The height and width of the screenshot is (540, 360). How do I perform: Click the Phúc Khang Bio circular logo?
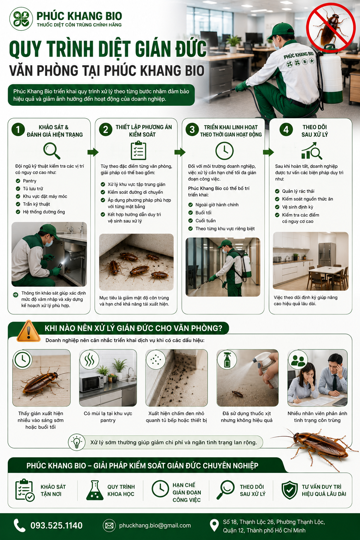click(21, 19)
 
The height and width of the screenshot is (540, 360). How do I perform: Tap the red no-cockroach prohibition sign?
click(331, 28)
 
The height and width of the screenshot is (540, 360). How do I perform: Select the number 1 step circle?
click(18, 129)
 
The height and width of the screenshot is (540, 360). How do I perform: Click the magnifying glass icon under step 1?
click(52, 151)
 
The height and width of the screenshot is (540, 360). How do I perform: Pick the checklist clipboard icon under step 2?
click(139, 150)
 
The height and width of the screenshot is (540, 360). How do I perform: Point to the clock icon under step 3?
click(224, 151)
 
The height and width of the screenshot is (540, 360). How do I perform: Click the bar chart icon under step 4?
click(312, 151)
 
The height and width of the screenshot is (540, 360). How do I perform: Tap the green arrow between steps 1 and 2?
click(93, 152)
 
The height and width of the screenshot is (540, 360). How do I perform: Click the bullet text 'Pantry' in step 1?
click(30, 181)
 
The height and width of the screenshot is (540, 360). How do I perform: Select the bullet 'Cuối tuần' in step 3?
click(205, 220)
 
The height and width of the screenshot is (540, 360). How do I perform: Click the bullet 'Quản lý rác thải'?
click(298, 191)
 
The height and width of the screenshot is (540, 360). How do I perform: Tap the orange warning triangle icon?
click(28, 331)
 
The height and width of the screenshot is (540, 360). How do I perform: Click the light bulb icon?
click(77, 442)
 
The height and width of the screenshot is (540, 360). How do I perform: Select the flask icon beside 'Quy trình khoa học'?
click(95, 490)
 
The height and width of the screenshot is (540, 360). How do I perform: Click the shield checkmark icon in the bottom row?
click(290, 490)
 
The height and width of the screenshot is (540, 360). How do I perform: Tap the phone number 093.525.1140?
click(56, 525)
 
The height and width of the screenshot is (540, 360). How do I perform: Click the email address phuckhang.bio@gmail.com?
click(155, 525)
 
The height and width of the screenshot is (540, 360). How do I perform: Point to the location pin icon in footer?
click(214, 525)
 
